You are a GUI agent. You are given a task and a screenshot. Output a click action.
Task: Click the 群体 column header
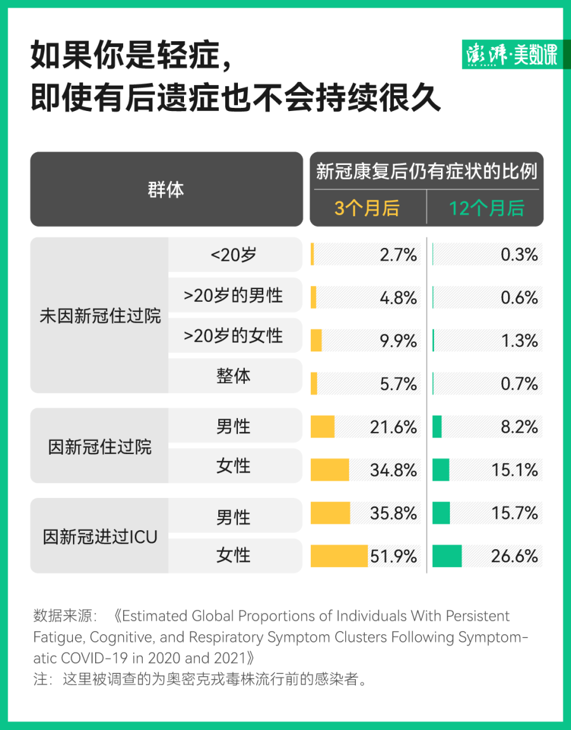(166, 190)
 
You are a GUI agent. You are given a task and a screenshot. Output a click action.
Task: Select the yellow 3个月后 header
(367, 208)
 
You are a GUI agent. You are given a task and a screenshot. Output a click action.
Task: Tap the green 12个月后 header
(487, 208)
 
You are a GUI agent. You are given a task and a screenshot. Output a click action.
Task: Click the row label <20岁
(233, 255)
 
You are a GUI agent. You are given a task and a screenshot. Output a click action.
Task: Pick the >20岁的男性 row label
(233, 296)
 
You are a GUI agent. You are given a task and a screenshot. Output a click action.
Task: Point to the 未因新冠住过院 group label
(100, 316)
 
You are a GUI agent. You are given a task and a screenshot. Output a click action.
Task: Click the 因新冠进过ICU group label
(100, 537)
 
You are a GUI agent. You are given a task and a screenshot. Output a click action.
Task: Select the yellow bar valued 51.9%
(339, 556)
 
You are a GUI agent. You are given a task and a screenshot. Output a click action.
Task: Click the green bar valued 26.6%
(447, 556)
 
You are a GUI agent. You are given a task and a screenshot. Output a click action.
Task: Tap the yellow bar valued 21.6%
(322, 426)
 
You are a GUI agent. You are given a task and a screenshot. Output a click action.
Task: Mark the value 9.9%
(398, 341)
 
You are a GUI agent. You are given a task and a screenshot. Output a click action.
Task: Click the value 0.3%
(519, 255)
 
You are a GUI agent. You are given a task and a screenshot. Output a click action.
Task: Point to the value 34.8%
(393, 470)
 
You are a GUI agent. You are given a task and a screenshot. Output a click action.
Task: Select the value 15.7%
(515, 513)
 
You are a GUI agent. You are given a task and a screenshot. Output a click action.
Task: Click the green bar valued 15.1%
(440, 470)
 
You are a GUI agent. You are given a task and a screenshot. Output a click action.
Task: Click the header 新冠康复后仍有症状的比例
(426, 171)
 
